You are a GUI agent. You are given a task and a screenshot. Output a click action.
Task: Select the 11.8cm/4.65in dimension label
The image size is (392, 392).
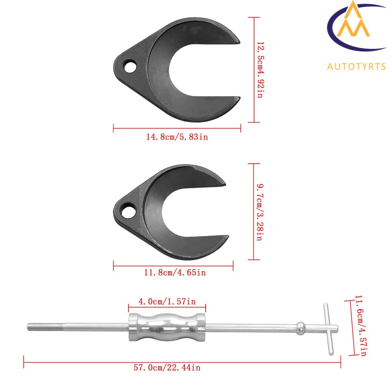174,272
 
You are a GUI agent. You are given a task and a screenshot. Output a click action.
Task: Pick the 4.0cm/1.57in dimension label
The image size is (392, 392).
167,301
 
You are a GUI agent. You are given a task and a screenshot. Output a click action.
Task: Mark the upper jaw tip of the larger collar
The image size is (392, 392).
234,39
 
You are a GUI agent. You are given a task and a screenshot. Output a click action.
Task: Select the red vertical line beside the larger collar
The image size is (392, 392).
254,70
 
